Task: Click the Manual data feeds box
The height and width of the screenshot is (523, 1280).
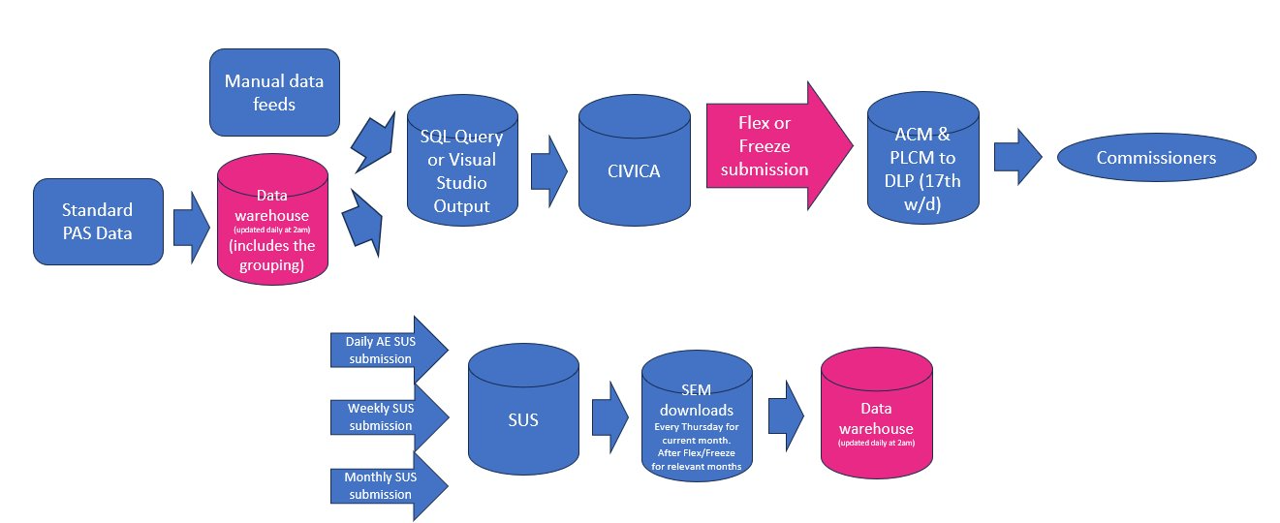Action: (x=274, y=93)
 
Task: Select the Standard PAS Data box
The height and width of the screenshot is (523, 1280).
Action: (x=97, y=221)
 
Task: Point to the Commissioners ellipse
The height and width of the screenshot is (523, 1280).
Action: (x=1156, y=158)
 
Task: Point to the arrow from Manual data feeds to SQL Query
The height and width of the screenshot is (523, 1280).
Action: (x=373, y=139)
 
